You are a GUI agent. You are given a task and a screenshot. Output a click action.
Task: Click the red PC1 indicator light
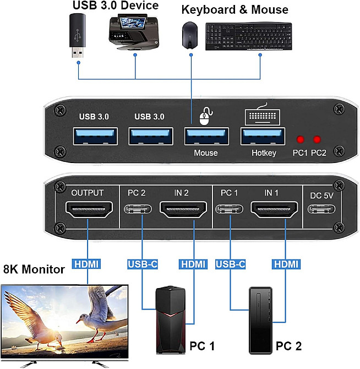pos(301,140)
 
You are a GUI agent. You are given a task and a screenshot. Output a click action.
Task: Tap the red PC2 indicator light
pos(318,140)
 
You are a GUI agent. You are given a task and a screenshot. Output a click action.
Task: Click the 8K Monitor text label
pos(34,269)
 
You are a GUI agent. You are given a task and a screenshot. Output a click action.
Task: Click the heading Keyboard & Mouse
pos(234,9)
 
